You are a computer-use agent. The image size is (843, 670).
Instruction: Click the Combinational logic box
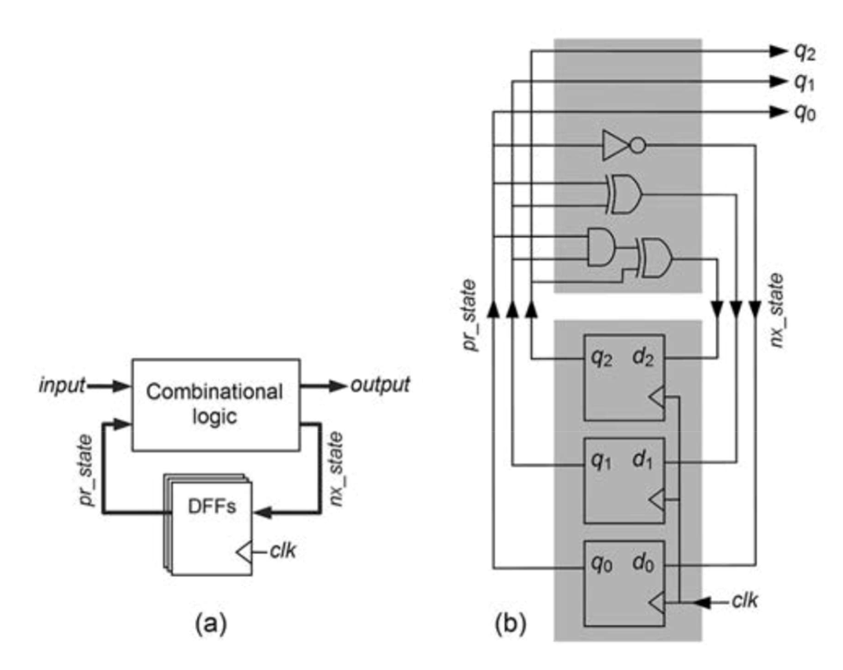[216, 403]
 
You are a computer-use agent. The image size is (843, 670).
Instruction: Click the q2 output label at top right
[804, 51]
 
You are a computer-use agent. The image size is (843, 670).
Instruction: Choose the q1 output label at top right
[804, 81]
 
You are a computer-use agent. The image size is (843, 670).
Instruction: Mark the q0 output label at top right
[804, 113]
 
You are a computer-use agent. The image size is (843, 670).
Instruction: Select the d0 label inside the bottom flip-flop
[647, 565]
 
